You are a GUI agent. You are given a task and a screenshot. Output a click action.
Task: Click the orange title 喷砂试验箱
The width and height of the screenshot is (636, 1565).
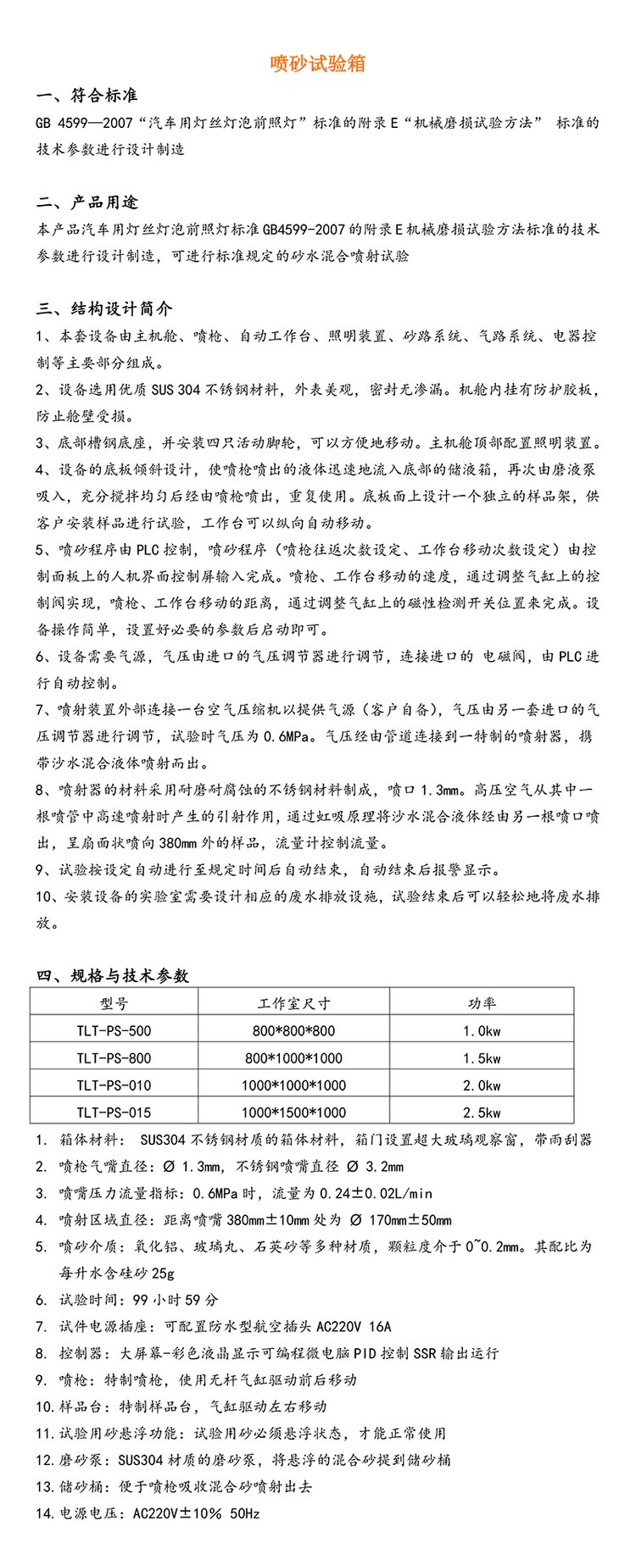[317, 64]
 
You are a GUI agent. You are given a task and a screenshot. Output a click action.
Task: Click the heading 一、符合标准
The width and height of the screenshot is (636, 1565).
[87, 96]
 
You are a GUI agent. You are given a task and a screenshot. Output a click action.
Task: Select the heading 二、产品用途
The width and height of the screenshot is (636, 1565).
[87, 203]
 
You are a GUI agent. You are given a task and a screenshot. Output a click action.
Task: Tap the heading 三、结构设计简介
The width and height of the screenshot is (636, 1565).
[104, 308]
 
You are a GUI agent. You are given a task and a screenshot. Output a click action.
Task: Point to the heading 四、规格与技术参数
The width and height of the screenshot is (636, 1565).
[112, 975]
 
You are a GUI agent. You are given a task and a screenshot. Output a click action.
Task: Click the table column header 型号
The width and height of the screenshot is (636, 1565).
[114, 1003]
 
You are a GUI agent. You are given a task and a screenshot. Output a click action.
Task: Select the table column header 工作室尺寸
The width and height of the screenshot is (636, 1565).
[293, 1003]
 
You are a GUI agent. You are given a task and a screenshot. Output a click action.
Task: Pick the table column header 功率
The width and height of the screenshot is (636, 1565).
[481, 1003]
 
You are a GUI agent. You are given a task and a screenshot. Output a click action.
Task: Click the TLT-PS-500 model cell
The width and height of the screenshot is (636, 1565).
[114, 1031]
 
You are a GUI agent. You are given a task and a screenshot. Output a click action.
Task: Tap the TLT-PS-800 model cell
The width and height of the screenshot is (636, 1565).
[114, 1058]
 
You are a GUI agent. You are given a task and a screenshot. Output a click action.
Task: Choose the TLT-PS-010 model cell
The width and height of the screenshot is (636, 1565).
[114, 1085]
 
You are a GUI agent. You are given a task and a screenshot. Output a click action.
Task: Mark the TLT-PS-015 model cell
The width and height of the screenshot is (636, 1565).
[114, 1113]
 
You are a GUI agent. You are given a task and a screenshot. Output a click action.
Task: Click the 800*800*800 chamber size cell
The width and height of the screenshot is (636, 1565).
[293, 1031]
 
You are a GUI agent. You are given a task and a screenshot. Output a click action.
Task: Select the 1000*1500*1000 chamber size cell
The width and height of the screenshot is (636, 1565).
[293, 1113]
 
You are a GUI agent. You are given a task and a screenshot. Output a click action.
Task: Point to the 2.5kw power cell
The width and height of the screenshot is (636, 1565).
[481, 1113]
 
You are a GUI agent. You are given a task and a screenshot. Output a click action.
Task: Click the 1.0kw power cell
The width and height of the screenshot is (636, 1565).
[481, 1031]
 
